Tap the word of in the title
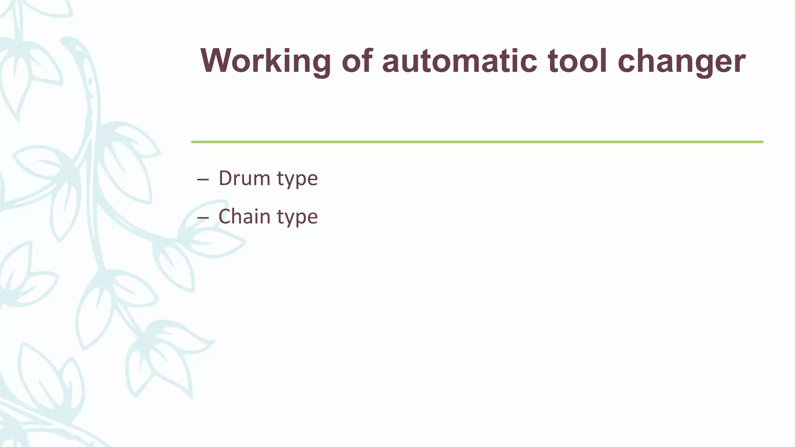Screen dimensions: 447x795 coord(357,61)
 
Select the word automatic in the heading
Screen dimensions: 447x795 coord(460,61)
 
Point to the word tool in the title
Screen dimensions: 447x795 coord(577,61)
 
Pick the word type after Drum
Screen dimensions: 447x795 coord(297,180)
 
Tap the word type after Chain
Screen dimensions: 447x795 coord(297,218)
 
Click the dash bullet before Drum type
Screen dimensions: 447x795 coord(203,180)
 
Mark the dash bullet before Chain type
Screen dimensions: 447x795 coord(203,218)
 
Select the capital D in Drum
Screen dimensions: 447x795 coord(225,178)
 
